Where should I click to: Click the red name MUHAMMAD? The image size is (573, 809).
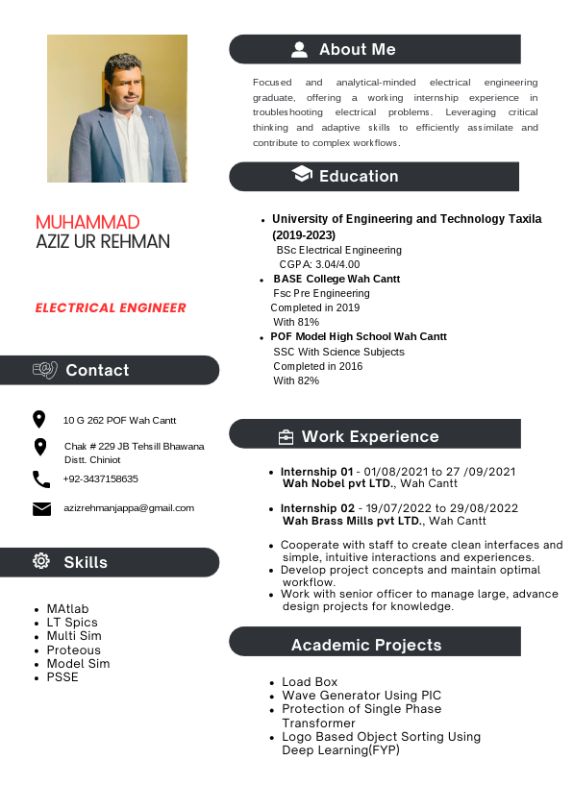point(87,223)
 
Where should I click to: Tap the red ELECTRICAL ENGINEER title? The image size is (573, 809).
point(111,308)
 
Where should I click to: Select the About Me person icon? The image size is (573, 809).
point(300,49)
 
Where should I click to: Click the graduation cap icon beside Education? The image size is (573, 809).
point(302,175)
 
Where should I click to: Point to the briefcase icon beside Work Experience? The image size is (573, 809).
point(286,437)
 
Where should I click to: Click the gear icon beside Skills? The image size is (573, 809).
point(41,561)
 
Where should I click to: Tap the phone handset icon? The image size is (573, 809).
point(41,478)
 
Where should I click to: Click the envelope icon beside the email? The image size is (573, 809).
point(41,508)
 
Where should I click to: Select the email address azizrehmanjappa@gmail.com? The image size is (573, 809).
point(129,507)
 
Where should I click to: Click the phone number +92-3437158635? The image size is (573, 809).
point(101,478)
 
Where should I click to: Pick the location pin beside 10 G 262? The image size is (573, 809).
point(39,419)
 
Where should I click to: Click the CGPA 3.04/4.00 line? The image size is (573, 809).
point(319,264)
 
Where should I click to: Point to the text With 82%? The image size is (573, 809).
point(296,380)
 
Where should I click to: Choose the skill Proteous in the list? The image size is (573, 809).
point(74,650)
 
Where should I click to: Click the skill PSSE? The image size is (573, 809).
point(62,677)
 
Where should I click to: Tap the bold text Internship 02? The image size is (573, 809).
point(317,508)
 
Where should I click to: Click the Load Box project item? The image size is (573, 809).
point(310,682)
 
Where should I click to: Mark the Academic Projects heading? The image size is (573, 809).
point(366,645)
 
